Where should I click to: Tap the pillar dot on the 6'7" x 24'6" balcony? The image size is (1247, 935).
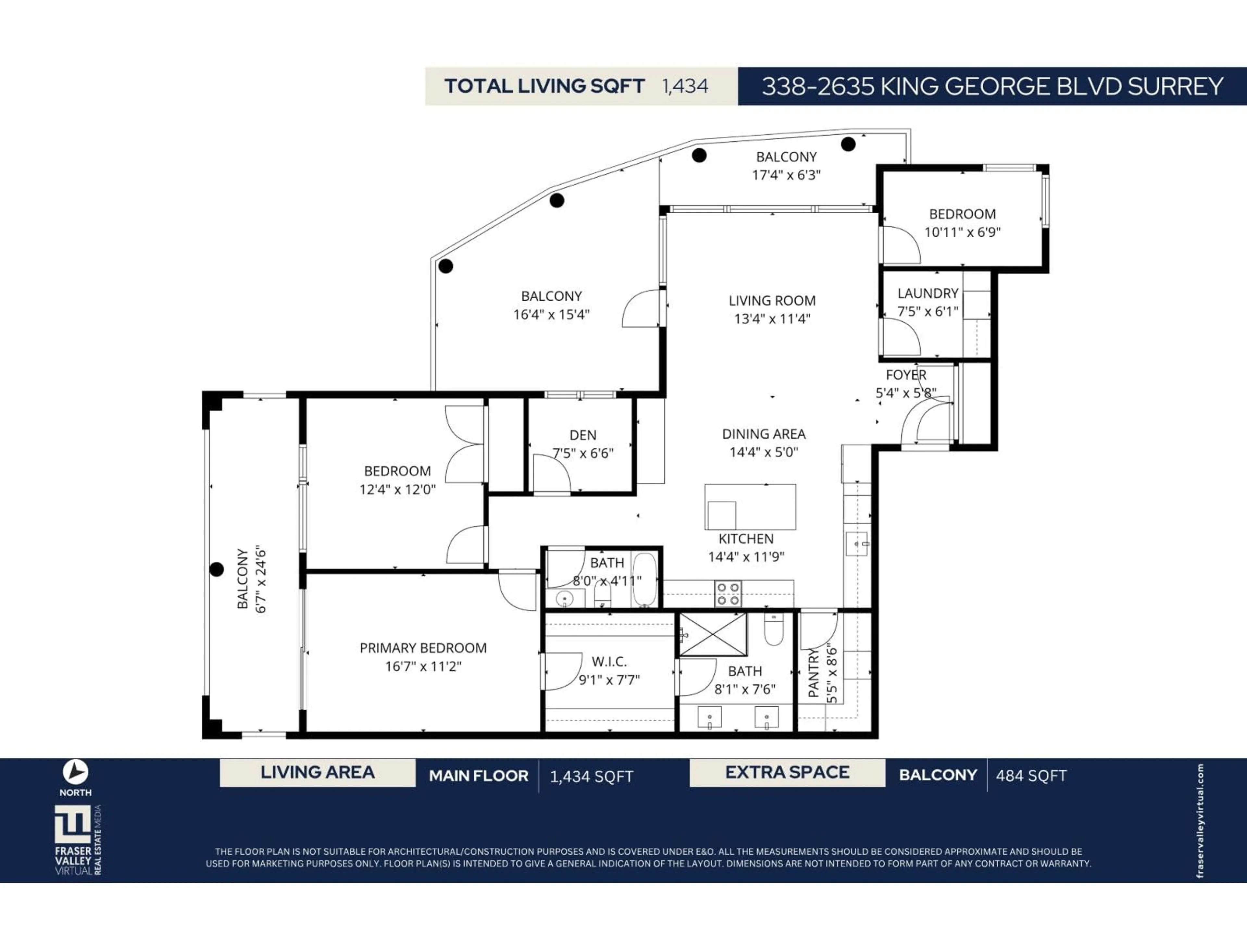217,569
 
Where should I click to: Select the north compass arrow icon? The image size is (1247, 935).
76,772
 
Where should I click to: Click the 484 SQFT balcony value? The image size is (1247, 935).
1031,776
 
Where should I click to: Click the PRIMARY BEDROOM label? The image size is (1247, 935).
423,648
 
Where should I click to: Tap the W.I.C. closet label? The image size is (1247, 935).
609,662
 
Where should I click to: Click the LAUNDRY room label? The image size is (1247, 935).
927,293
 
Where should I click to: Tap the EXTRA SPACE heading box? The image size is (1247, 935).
787,773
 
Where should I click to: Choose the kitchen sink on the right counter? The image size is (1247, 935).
856,544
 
